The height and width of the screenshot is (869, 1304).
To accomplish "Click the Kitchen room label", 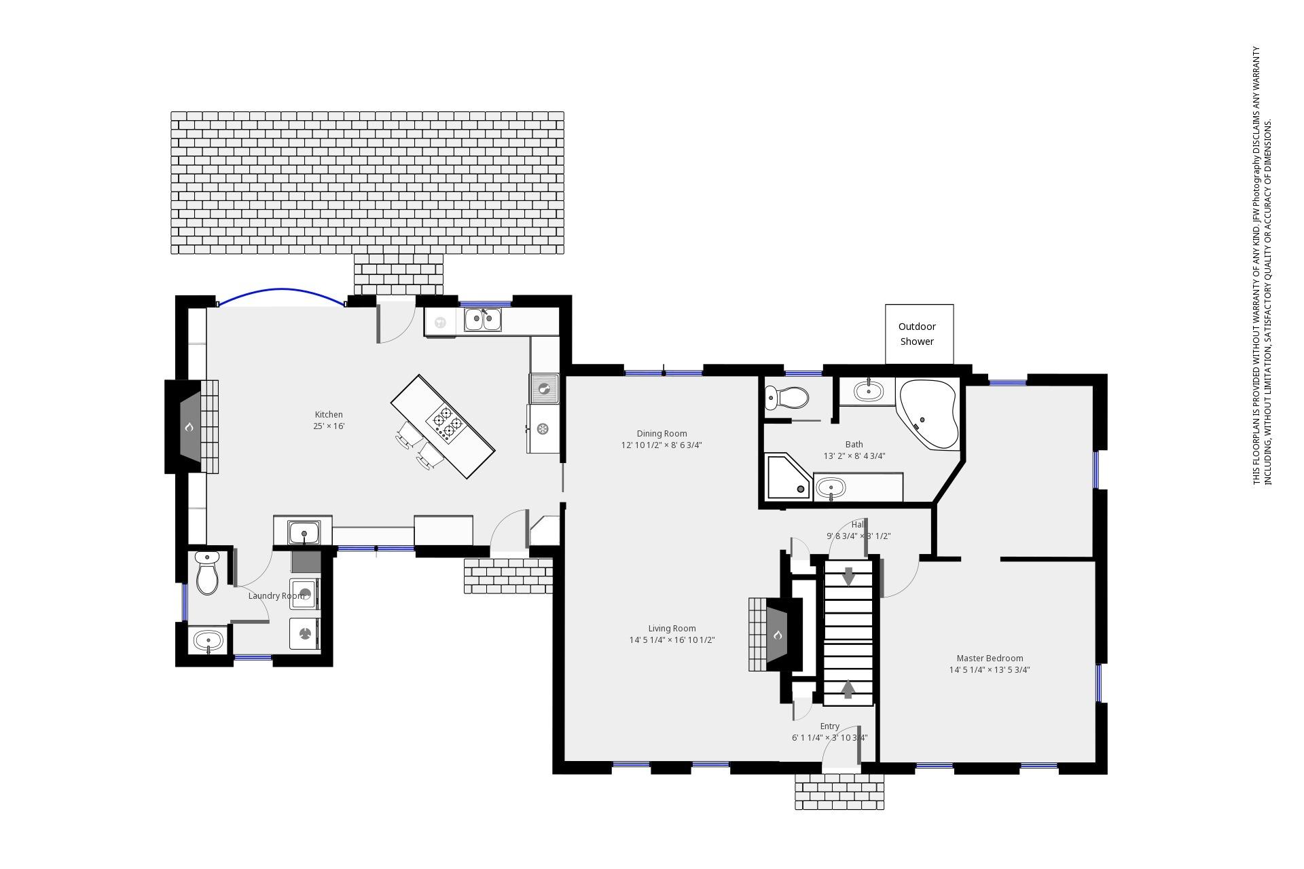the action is [x=329, y=415].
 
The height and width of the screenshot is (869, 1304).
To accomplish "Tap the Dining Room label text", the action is [x=662, y=434].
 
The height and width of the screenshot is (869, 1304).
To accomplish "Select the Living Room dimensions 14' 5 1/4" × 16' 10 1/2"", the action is [x=672, y=640].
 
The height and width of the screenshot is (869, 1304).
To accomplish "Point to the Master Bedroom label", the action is [x=990, y=659].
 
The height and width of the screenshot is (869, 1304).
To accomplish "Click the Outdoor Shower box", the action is [x=919, y=334].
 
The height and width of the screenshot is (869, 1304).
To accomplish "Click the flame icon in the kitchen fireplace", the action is [x=189, y=427].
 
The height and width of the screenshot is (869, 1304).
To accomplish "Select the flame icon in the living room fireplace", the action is [x=778, y=635].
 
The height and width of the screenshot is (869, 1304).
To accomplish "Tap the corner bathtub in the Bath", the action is [x=927, y=413].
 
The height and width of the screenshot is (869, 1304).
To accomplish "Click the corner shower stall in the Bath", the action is [x=789, y=477].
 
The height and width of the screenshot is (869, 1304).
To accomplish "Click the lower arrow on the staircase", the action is [x=848, y=689].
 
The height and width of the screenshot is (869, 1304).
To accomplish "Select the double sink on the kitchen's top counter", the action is [x=483, y=320].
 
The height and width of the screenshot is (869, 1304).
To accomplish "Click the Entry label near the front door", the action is [x=829, y=726].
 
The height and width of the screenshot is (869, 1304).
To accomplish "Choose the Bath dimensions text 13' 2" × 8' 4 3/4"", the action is [x=854, y=456].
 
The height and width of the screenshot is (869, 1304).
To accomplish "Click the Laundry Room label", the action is [x=276, y=596].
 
